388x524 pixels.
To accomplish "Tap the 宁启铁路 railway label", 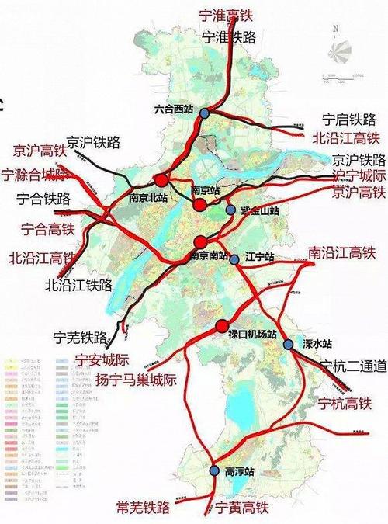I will point(349,120).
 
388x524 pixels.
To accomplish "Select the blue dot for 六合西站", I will point(204,113).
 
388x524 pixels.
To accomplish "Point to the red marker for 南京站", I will point(200,204).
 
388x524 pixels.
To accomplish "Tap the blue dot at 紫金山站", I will point(230,210).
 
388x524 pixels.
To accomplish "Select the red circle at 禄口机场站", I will point(221,325).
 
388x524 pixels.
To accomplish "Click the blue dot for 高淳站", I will point(215,470).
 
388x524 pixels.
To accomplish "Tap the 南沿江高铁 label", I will point(341,252).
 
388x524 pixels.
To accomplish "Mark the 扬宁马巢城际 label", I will point(136,380).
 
